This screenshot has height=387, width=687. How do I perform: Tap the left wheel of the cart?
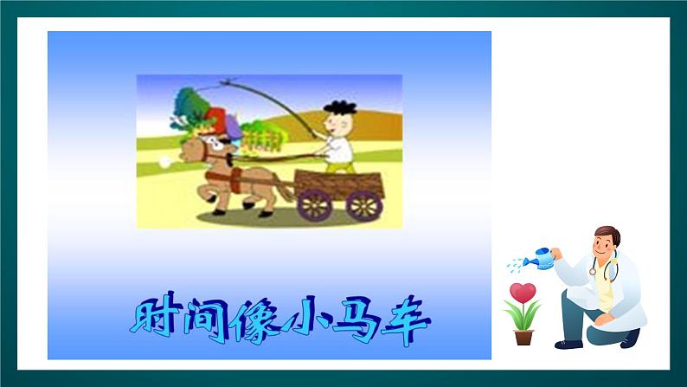pyautogui.click(x=313, y=205)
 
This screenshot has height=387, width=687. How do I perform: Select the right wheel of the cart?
pyautogui.click(x=363, y=205)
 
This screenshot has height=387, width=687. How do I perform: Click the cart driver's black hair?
pyautogui.click(x=340, y=107)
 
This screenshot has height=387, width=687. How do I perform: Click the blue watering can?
pyautogui.click(x=542, y=257)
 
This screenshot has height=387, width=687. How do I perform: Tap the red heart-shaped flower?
pyautogui.click(x=522, y=292)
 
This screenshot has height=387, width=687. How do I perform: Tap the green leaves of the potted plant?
pyautogui.click(x=523, y=314)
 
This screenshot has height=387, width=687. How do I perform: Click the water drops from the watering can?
pyautogui.click(x=517, y=262)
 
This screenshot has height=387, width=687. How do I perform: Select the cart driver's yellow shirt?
pyautogui.click(x=341, y=149)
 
